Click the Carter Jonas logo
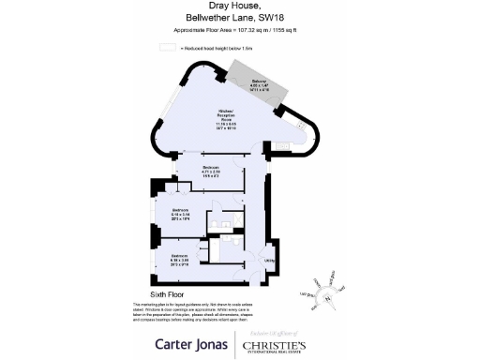tap(193, 343)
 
